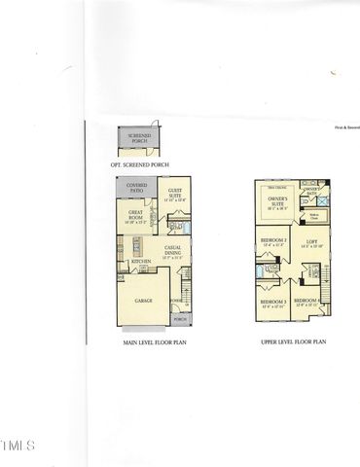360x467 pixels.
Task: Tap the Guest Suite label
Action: (175, 195)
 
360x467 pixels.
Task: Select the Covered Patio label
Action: (136, 187)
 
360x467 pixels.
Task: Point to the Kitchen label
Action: (140, 261)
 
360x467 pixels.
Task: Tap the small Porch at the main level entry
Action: (179, 319)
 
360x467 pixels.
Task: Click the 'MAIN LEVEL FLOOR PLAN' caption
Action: (153, 342)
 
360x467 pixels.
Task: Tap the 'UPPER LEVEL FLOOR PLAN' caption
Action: (292, 342)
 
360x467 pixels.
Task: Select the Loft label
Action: (311, 243)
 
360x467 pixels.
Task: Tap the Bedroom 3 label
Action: (272, 302)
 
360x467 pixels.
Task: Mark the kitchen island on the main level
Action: (137, 244)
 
